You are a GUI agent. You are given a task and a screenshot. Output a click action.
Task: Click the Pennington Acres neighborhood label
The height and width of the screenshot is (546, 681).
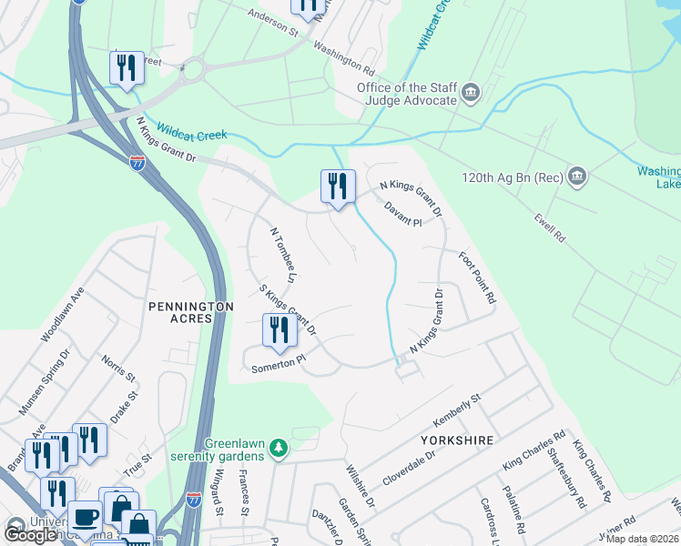coord(179,312)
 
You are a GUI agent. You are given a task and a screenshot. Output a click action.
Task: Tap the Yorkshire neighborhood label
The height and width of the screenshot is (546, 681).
coord(457,440)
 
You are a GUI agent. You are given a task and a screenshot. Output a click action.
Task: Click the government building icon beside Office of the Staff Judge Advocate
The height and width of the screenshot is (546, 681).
coord(471,92)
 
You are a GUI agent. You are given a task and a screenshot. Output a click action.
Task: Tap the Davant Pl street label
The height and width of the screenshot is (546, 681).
coord(403,215)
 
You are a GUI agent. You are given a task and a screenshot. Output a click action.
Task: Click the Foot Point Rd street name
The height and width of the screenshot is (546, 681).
coord(477,278)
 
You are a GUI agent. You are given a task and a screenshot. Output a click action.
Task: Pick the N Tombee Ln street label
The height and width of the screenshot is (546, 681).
coord(283,253)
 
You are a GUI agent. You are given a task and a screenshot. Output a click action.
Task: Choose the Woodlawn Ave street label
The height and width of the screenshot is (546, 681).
coord(62,315)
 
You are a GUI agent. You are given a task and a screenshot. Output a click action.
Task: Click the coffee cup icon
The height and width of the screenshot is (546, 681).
coord(85,517)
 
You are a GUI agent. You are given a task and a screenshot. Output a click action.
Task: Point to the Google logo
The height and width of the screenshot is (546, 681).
coord(30,535)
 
